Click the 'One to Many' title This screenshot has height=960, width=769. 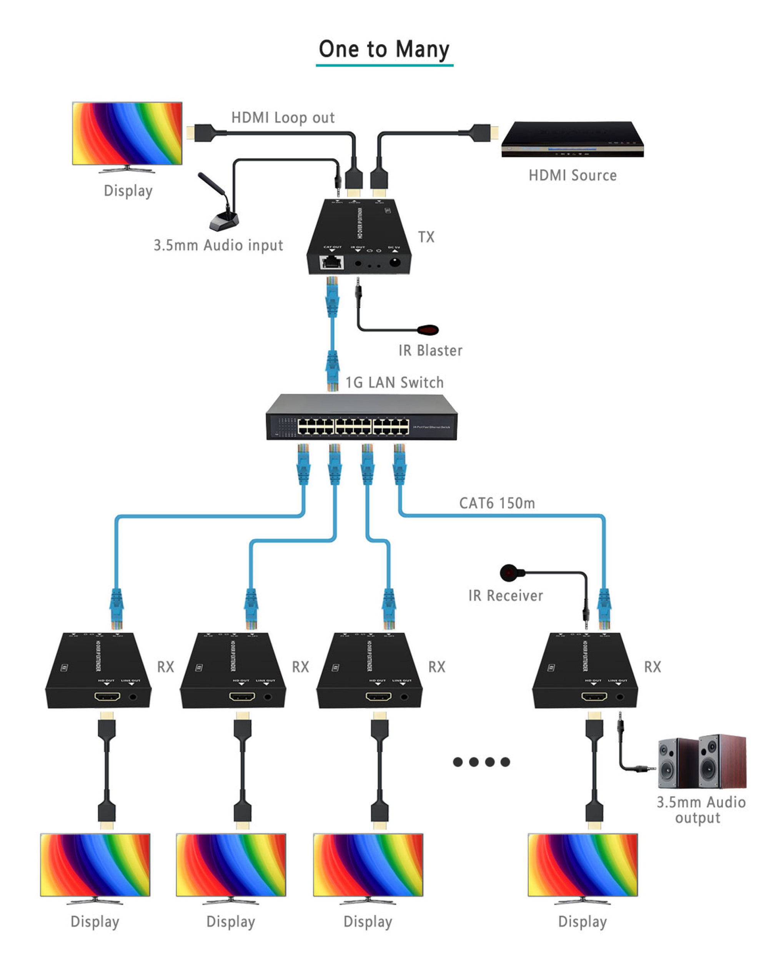pyautogui.click(x=384, y=49)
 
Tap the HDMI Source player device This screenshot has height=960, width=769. pyautogui.click(x=572, y=139)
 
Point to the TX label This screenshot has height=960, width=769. pyautogui.click(x=426, y=237)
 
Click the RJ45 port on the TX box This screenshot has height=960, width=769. pyautogui.click(x=332, y=262)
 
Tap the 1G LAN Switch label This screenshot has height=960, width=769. pyautogui.click(x=394, y=383)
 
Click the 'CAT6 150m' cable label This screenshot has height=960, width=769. pyautogui.click(x=497, y=503)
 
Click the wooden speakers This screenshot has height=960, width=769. pyautogui.click(x=702, y=762)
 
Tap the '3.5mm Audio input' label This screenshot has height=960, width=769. pyautogui.click(x=218, y=245)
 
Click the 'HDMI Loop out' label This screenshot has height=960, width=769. pyautogui.click(x=283, y=117)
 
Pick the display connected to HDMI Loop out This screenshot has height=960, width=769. pyautogui.click(x=127, y=134)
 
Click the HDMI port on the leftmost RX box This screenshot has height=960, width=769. pyautogui.click(x=107, y=696)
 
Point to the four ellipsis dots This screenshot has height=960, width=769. pyautogui.click(x=481, y=762)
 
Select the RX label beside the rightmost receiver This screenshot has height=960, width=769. pyautogui.click(x=652, y=667)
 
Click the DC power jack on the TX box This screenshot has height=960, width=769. pyautogui.click(x=394, y=262)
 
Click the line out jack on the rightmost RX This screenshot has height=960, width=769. pyautogui.click(x=620, y=697)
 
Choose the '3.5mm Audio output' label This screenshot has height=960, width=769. pyautogui.click(x=701, y=810)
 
